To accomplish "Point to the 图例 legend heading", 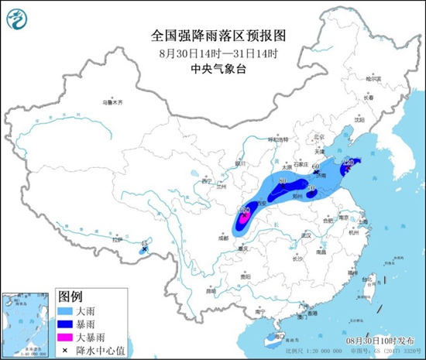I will pyautogui.click(x=71, y=295).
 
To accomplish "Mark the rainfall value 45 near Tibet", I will pyautogui.click(x=143, y=244).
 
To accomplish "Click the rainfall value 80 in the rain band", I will pyautogui.click(x=282, y=181).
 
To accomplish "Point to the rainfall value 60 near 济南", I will pyautogui.click(x=314, y=166).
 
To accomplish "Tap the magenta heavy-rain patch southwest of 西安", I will pyautogui.click(x=243, y=217).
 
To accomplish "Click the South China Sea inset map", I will pyautogui.click(x=25, y=323).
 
